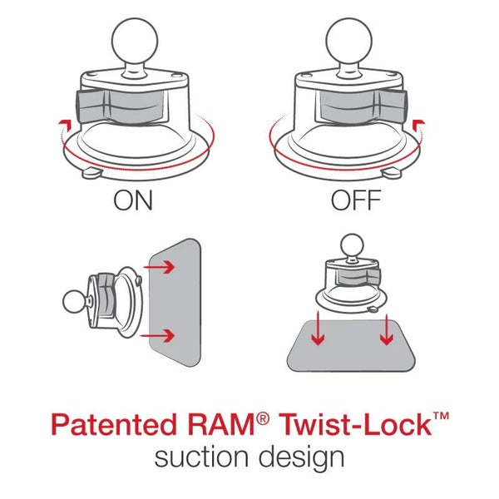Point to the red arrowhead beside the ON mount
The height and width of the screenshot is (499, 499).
pos(59,124)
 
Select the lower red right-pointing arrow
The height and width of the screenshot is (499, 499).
pos(163,335)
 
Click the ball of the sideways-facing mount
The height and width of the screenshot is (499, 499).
pos(72,298)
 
